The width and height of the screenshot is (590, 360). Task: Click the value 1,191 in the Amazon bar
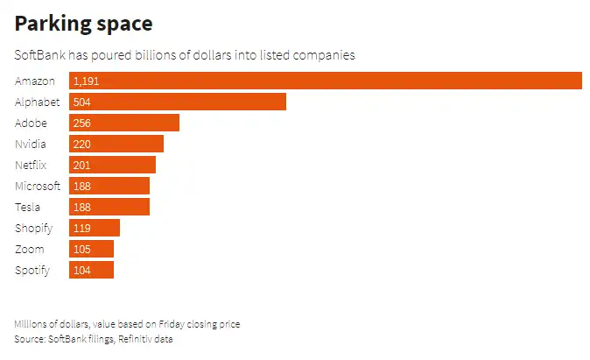click(x=88, y=81)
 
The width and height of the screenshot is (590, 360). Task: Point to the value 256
click(x=82, y=123)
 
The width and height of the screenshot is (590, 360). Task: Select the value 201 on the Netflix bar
click(x=82, y=165)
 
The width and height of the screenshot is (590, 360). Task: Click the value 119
click(x=82, y=228)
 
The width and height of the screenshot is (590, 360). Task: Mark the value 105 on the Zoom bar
click(x=82, y=249)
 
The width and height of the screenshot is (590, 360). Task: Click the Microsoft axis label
click(x=38, y=186)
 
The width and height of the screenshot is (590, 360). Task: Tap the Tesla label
click(x=28, y=207)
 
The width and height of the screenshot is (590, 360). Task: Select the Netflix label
click(x=31, y=165)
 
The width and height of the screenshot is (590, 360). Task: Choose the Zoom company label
click(x=29, y=249)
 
